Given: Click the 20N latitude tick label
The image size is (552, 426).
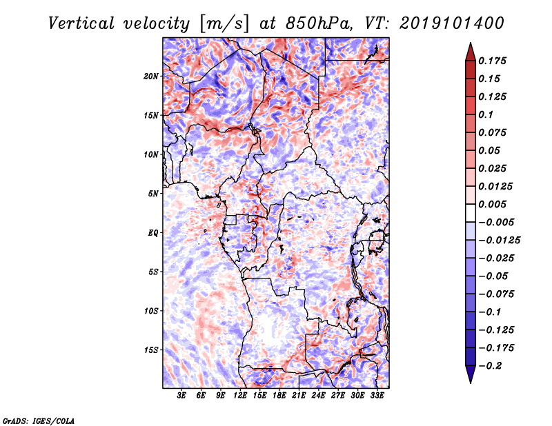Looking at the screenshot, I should [151, 76].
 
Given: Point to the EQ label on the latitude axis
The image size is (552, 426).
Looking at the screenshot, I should [152, 233].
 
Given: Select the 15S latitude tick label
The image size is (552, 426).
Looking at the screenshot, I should [151, 350].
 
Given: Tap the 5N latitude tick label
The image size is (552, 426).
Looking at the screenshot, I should [153, 194].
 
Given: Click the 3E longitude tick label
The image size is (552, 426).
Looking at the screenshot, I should [182, 396].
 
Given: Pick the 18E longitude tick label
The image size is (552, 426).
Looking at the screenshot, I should [279, 396].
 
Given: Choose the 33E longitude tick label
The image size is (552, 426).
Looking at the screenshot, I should [377, 396].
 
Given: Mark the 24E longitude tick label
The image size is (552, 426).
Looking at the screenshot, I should [318, 396].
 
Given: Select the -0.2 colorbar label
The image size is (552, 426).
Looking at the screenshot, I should [491, 365].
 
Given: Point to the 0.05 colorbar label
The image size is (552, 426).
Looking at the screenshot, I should [491, 150].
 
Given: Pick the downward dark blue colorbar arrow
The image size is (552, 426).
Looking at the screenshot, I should [469, 376].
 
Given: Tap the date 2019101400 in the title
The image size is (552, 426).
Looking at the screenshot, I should [446, 23].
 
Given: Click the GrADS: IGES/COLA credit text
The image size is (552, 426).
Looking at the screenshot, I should [38, 419].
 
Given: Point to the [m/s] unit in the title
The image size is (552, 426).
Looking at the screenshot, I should [224, 23].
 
